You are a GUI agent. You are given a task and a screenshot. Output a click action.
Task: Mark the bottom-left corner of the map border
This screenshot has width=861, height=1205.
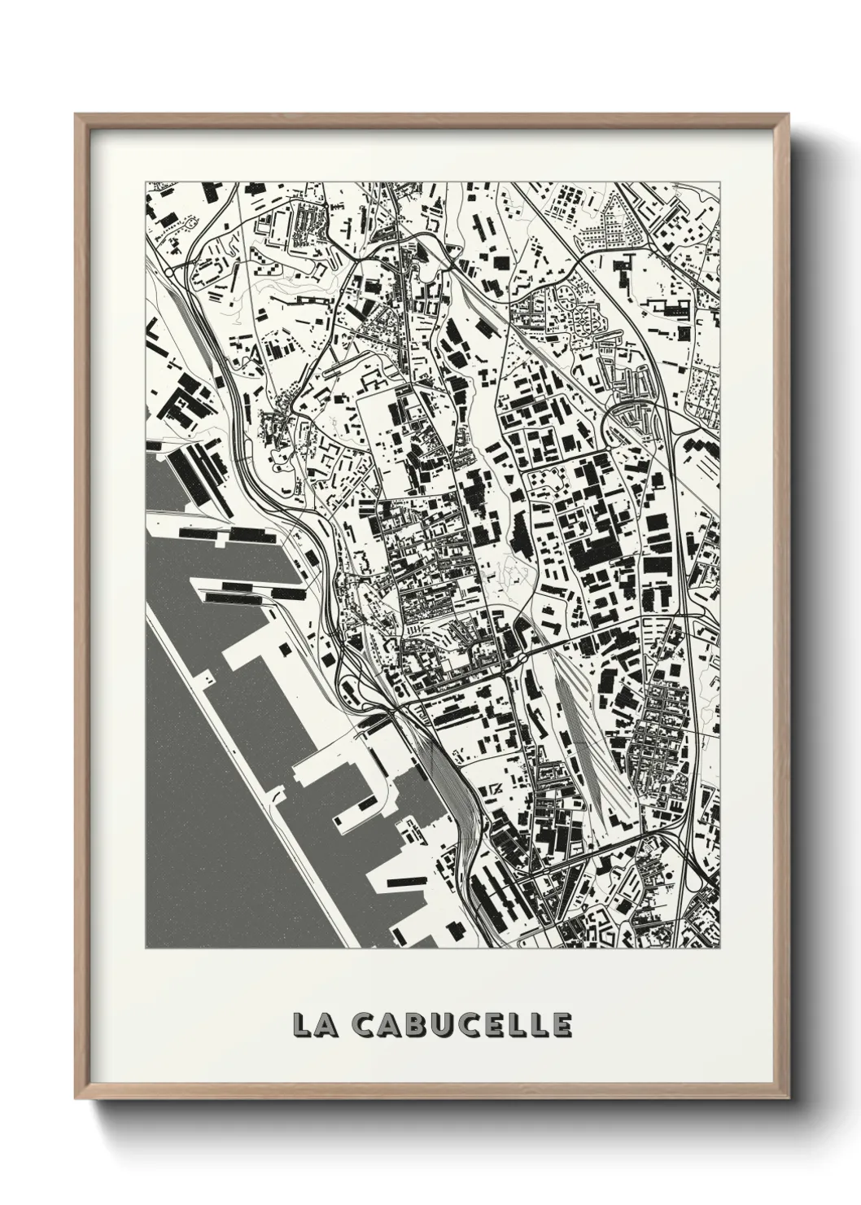click(146, 949)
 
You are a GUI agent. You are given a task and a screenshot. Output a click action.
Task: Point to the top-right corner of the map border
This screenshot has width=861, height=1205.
click(720, 182)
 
